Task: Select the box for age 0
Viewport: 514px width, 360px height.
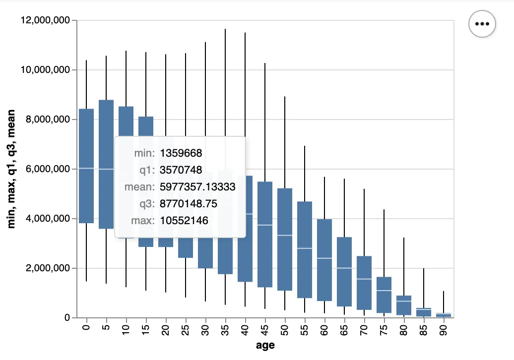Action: click(x=86, y=166)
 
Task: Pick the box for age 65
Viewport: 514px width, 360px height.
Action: click(x=344, y=272)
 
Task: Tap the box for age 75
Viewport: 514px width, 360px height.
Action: click(x=384, y=295)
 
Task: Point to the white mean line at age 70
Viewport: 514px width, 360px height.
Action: click(x=364, y=279)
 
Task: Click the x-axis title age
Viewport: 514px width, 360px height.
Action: click(x=265, y=346)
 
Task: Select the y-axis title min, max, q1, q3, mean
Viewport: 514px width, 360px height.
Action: click(x=12, y=169)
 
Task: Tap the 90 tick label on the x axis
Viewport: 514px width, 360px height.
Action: click(x=444, y=329)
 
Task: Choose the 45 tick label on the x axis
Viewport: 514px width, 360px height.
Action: click(x=265, y=329)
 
